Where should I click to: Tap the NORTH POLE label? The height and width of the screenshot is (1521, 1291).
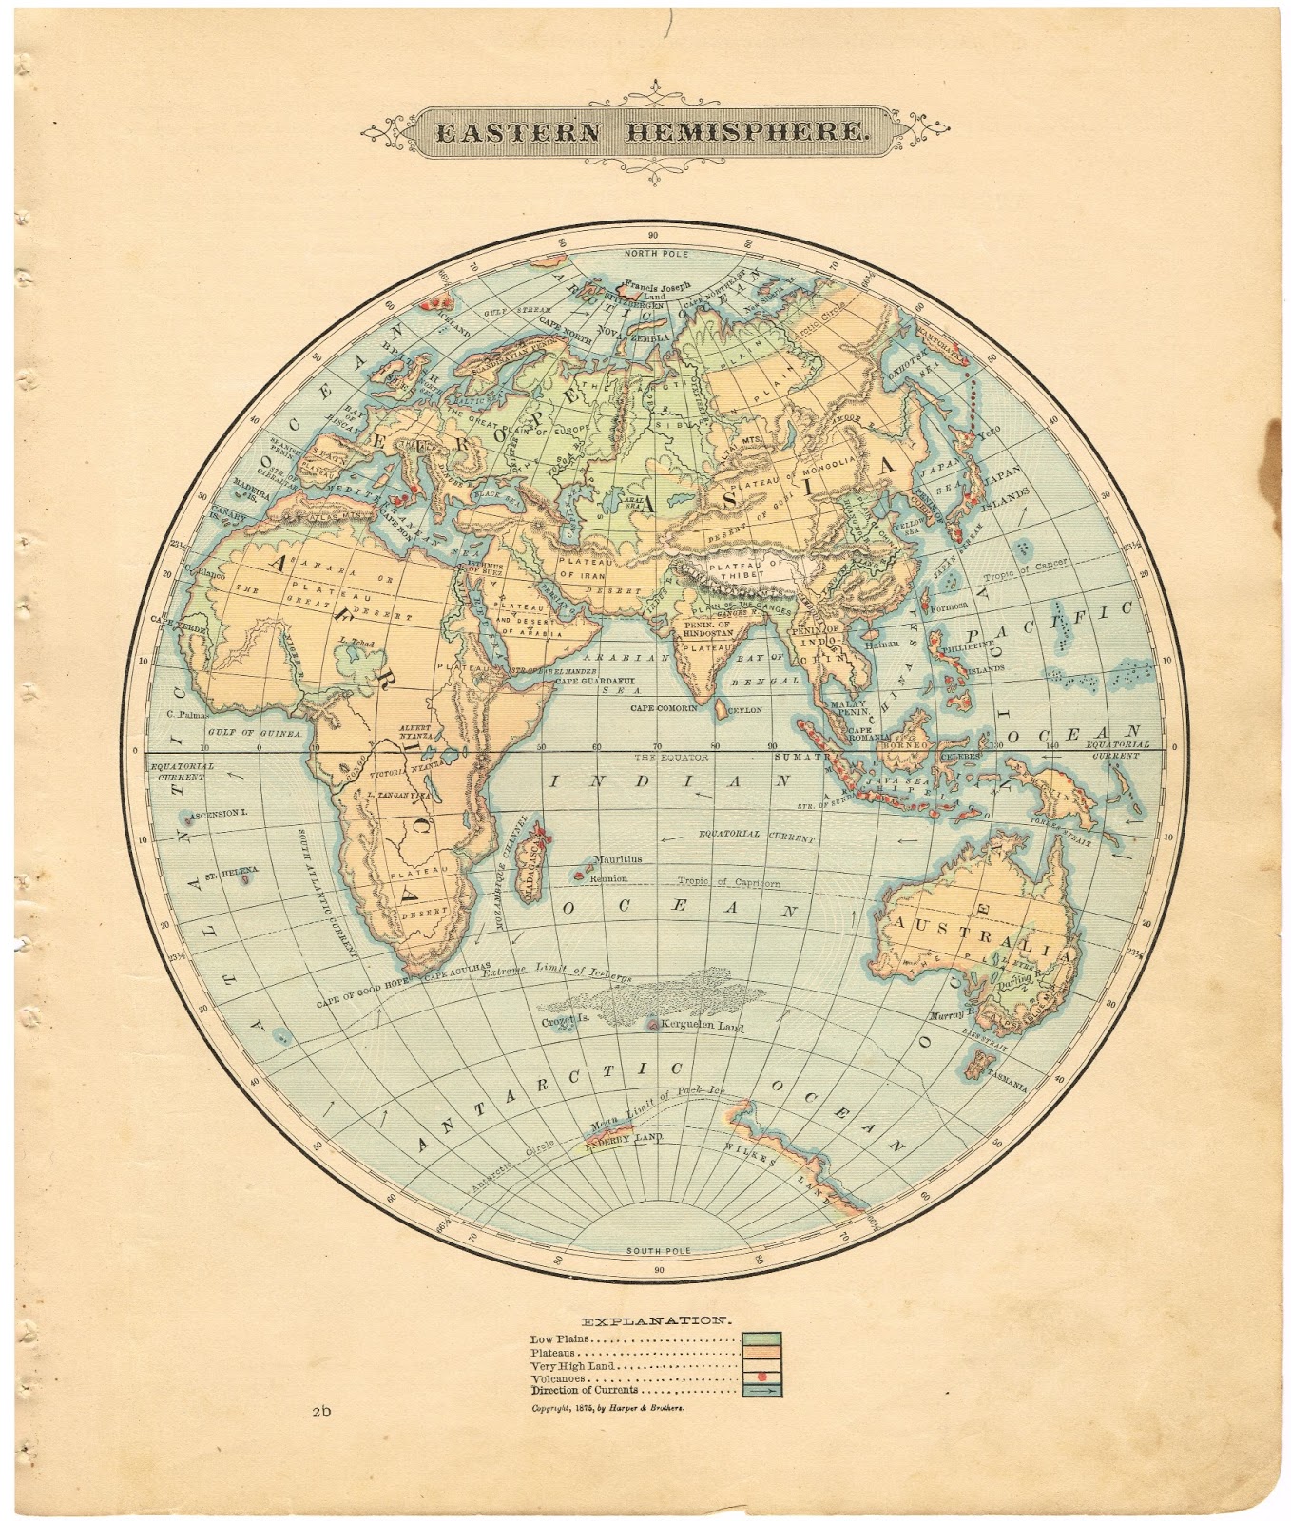point(656,254)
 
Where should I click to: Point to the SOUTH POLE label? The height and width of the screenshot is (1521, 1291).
point(657,1250)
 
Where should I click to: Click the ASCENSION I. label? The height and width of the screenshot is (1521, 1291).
point(219,815)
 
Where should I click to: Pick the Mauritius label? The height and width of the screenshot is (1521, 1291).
point(617,858)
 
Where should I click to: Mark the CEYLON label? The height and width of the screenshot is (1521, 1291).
point(745,709)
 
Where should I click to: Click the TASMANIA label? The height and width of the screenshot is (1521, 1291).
point(1007,1078)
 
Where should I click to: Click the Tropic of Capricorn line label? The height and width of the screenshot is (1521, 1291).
point(729,882)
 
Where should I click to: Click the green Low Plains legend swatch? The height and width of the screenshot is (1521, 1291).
point(761,1339)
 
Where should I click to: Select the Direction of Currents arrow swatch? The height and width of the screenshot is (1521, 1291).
point(761,1391)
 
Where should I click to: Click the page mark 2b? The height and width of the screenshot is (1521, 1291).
point(320,1412)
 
